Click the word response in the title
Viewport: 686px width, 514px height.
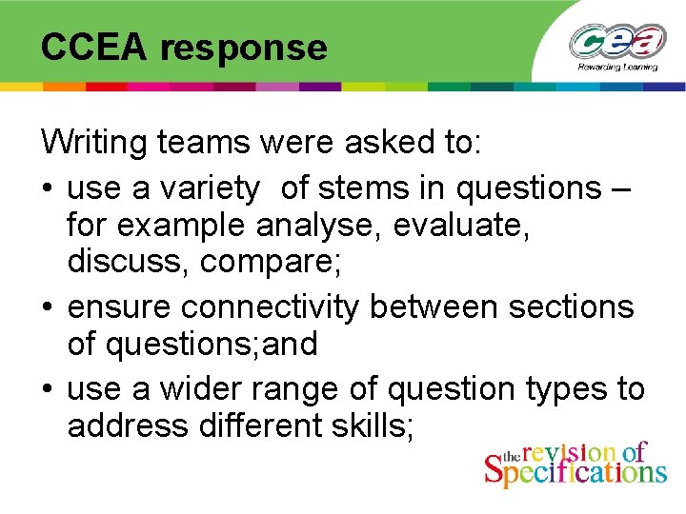tap(243, 48)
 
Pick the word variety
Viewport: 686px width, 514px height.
tap(211, 188)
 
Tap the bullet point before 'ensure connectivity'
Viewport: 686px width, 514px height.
tap(48, 308)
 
